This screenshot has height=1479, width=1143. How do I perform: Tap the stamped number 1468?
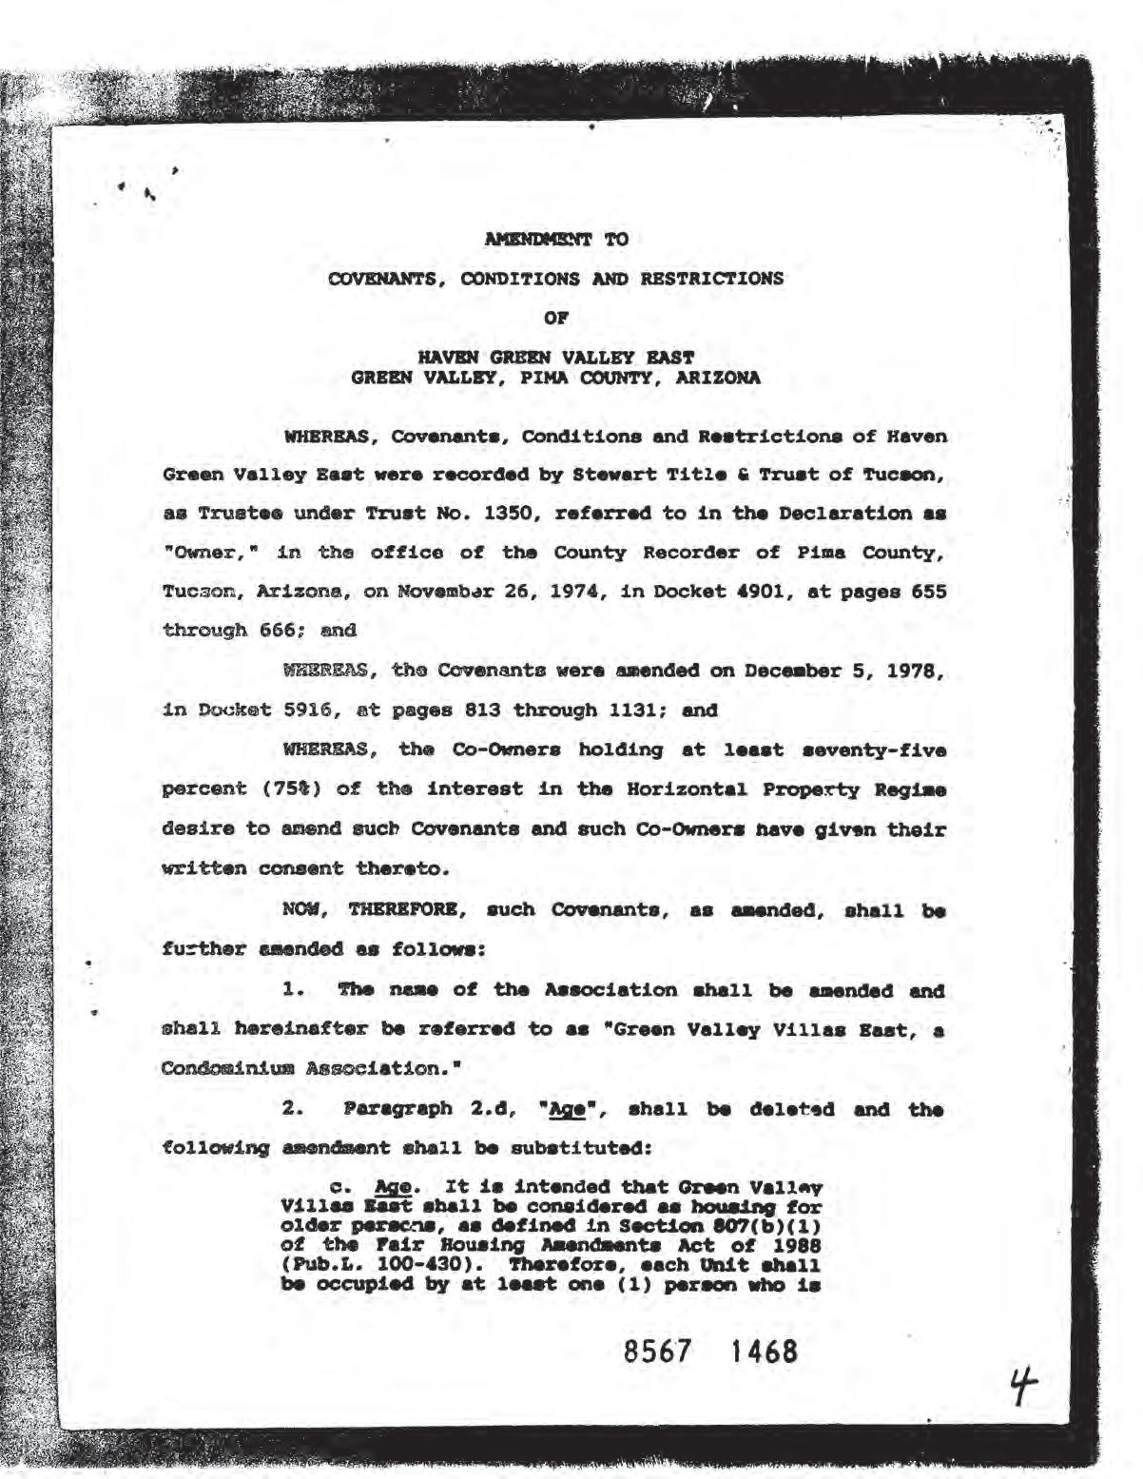click(763, 1352)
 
